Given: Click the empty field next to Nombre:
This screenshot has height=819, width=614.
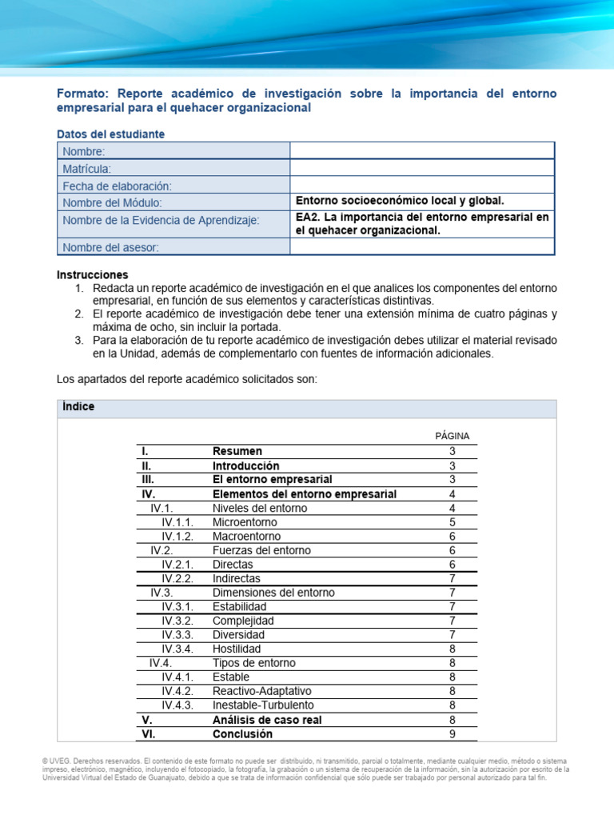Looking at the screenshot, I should click(x=421, y=151).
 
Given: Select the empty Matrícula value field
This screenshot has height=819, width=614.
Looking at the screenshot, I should click(x=421, y=168).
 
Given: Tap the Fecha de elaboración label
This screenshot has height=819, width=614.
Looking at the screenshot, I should click(x=118, y=185).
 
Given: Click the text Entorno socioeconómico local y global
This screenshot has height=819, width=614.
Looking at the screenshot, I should click(x=400, y=201).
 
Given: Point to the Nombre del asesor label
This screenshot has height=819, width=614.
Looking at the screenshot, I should click(x=111, y=247).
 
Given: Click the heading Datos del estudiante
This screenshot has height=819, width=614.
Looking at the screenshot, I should click(x=111, y=134).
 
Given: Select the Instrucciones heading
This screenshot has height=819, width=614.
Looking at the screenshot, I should click(x=92, y=274).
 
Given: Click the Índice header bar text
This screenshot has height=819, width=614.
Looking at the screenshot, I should click(x=78, y=407).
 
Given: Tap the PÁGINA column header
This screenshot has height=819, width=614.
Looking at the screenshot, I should click(x=452, y=436).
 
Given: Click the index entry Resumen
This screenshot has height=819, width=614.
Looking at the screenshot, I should click(x=237, y=451).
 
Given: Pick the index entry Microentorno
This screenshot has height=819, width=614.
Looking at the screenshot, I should click(x=245, y=521).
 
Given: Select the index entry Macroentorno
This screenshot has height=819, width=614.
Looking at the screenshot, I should click(x=246, y=536).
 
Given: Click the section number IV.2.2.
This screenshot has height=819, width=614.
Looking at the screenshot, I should click(x=177, y=578).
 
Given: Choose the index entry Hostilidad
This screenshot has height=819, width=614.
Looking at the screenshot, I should click(x=237, y=649).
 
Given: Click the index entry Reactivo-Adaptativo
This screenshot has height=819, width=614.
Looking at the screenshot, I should click(x=262, y=691).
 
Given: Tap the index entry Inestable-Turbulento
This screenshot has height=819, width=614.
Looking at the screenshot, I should click(x=263, y=705).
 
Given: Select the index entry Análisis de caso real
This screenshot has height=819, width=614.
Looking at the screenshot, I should click(x=267, y=720).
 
